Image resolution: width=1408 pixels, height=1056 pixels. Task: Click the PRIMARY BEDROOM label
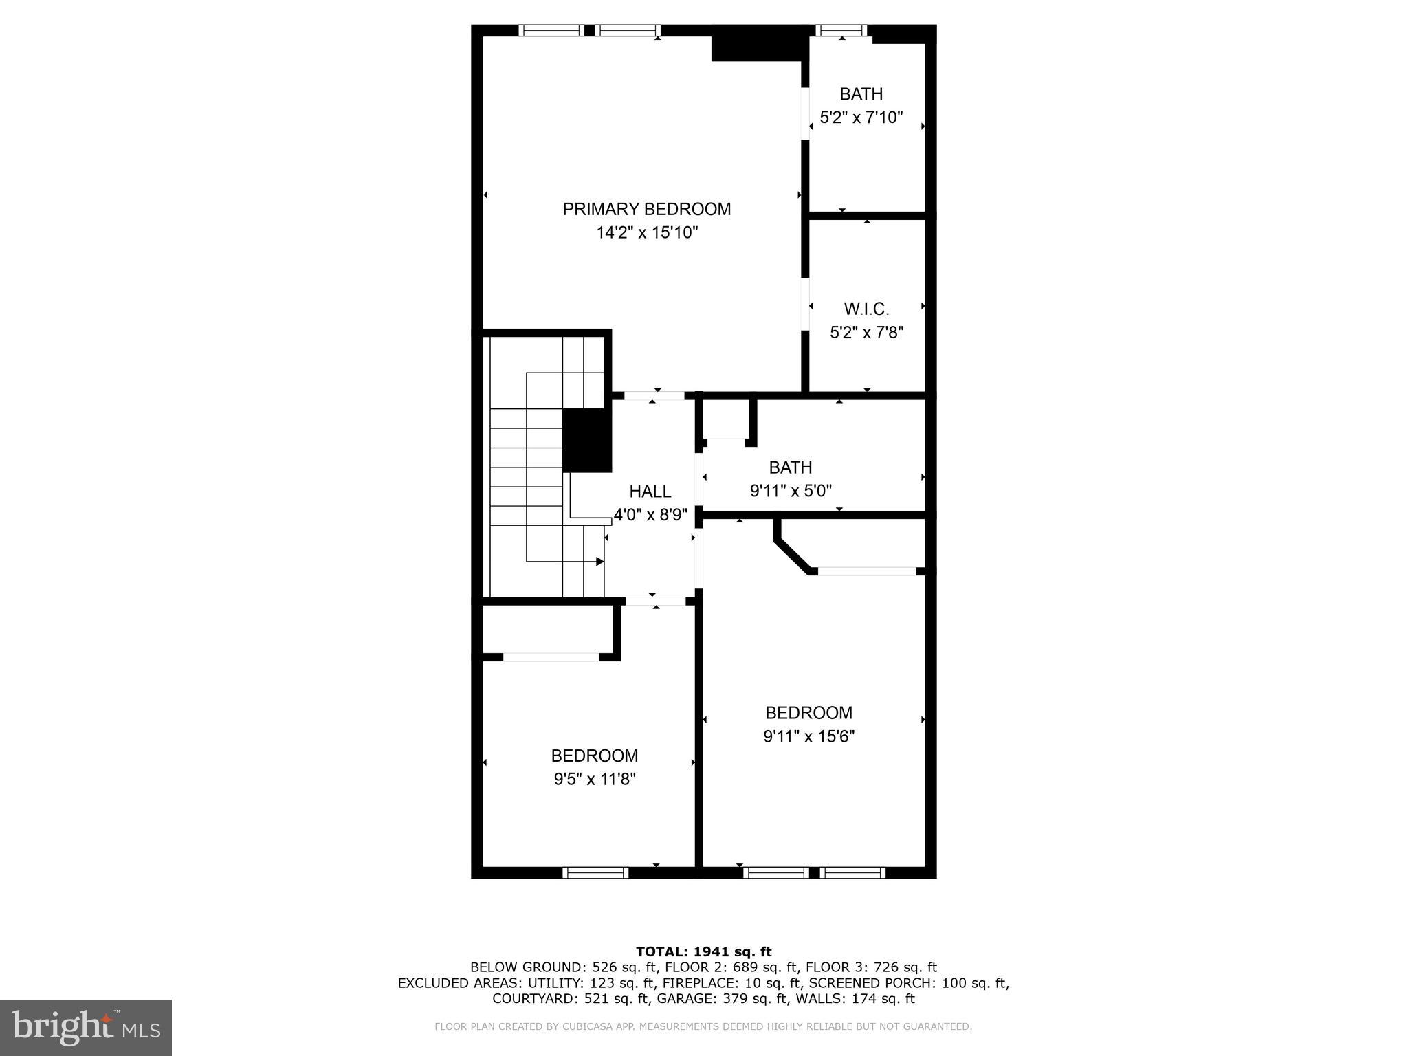646,209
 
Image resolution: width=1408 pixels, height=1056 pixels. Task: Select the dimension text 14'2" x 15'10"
646,233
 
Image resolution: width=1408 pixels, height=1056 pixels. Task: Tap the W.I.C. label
866,309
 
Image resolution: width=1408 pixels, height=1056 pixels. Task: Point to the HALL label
650,492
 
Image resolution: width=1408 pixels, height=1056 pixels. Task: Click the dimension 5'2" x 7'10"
861,118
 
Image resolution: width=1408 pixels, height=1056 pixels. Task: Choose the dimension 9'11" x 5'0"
791,491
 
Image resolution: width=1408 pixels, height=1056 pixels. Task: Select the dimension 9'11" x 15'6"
808,736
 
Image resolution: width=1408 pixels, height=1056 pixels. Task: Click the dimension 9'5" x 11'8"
595,779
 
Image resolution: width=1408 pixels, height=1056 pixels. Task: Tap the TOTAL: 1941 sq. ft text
703,951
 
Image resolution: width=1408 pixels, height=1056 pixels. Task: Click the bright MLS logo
86,1027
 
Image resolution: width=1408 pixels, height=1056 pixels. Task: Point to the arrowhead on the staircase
599,562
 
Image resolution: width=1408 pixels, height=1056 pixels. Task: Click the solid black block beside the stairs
586,440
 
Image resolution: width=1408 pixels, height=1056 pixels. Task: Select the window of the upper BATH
841,30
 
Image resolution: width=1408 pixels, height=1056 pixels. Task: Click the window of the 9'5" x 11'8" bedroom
595,872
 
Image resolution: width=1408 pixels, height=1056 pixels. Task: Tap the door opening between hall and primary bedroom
654,395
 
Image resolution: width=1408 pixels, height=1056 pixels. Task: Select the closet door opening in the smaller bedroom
551,657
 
